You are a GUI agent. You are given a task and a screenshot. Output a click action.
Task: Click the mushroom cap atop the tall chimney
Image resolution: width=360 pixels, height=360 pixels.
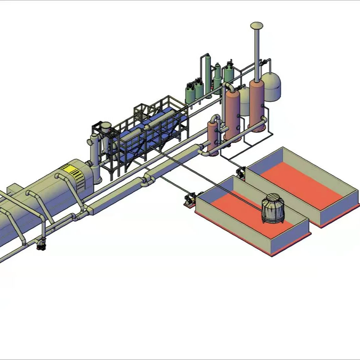pos(256,25)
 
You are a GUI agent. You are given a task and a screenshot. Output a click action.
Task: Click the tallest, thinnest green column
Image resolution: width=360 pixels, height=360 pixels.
pos(208,75)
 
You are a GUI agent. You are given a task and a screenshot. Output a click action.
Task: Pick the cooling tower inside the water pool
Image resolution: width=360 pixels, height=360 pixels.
pos(273,209)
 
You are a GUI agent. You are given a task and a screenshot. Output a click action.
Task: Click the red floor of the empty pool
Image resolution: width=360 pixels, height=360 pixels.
pos(300,185)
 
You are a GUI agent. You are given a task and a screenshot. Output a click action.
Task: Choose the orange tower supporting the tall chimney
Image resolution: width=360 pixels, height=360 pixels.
pos(257,105)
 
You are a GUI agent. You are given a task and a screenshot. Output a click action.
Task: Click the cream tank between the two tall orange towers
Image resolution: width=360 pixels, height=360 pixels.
pos(244,102)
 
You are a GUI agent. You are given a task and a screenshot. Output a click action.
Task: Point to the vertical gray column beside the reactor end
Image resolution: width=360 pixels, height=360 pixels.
pos(95,157)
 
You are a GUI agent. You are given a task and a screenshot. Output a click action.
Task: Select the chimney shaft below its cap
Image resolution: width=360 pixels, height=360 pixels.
pos(257,53)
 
